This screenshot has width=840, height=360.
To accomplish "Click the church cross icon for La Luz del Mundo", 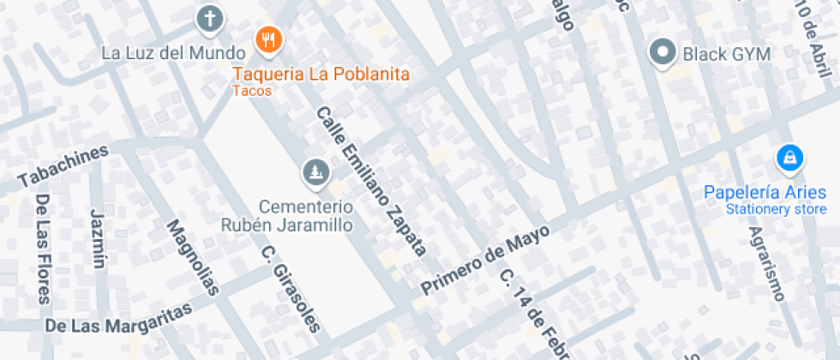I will (208, 17).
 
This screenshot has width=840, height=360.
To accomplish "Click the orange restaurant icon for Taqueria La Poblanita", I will (269, 37).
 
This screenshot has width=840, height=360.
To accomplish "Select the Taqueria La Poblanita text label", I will (321, 74).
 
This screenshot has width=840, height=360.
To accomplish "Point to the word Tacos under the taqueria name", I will (252, 91).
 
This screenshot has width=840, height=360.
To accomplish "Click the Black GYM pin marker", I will (663, 52).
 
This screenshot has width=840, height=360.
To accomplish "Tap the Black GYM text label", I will (727, 55).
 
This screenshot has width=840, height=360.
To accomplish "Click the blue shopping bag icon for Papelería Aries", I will (788, 158).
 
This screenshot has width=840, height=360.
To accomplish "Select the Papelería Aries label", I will (765, 192).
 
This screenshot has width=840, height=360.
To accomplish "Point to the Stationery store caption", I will (776, 209).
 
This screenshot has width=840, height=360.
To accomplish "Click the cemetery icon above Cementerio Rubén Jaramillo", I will (315, 173).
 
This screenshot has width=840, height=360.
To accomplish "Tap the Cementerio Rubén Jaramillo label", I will (288, 216).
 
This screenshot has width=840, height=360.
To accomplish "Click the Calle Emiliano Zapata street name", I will (371, 182).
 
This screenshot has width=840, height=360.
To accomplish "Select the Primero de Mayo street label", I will (484, 255).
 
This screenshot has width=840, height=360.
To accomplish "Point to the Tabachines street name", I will (63, 166).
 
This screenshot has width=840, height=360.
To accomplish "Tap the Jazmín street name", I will (98, 237).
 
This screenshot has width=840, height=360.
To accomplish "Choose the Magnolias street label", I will (194, 258).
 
